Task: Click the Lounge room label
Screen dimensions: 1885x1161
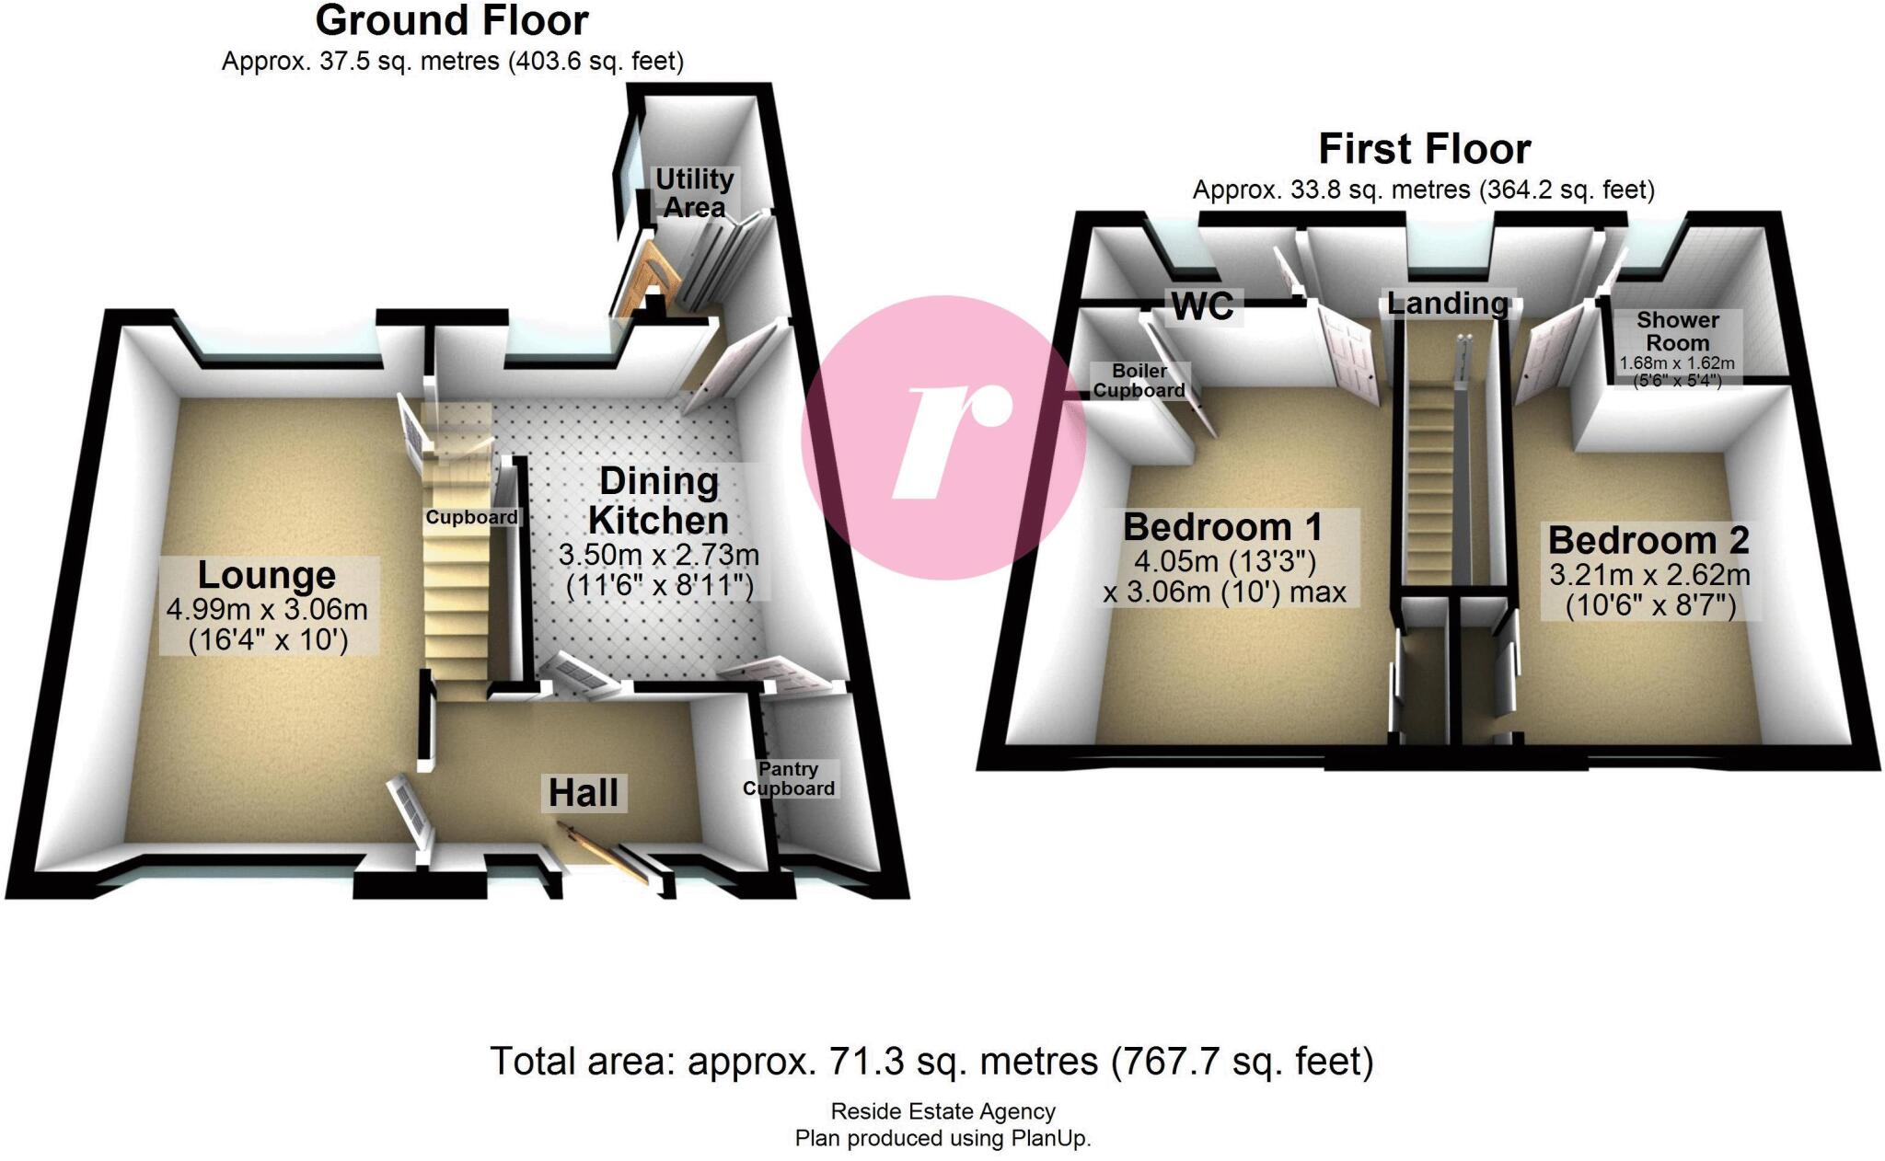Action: [267, 576]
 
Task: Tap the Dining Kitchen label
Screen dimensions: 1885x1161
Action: [658, 501]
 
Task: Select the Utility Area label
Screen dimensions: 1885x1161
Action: [694, 193]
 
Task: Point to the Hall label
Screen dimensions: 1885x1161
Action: [584, 793]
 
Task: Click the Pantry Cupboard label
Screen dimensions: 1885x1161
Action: [789, 779]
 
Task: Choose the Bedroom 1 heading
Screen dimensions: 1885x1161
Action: [1222, 528]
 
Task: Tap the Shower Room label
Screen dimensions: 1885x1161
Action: [1678, 331]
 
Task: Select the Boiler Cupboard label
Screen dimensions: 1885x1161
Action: [1139, 381]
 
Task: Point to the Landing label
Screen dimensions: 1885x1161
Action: [1448, 303]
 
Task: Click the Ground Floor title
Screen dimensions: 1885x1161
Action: [452, 20]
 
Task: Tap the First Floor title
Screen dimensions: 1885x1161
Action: [1424, 149]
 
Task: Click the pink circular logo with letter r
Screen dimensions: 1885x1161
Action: [943, 437]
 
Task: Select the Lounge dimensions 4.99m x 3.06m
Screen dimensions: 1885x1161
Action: [267, 609]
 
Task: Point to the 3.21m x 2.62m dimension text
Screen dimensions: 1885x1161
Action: [1649, 576]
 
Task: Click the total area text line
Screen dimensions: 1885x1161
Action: [931, 1062]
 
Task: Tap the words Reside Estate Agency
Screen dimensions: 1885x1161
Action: [942, 1111]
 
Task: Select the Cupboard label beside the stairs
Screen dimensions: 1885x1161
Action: [471, 518]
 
